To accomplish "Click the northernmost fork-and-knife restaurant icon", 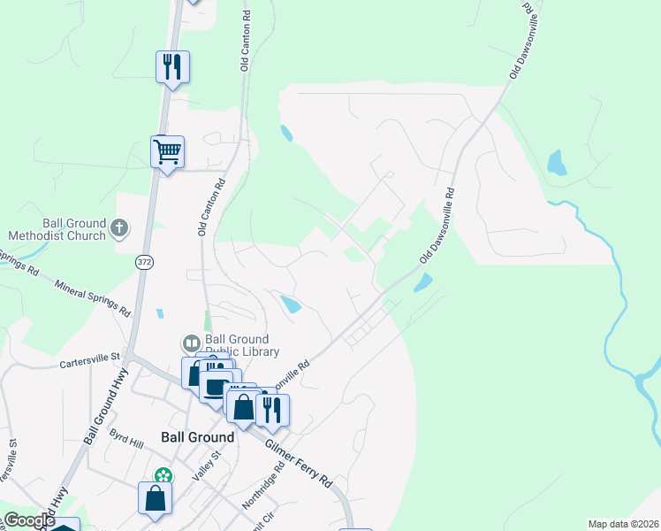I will click(173, 66).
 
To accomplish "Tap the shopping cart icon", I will click(167, 152).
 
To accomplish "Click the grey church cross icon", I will click(119, 230).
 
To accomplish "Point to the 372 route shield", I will click(145, 263).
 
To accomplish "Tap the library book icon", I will click(190, 342).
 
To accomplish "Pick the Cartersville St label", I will click(89, 361).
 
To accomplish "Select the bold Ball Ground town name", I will click(198, 437).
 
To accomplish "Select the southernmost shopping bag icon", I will click(156, 497).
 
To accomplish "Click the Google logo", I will click(30, 520).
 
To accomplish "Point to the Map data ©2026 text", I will click(623, 524).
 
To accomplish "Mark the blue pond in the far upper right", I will click(556, 163).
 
